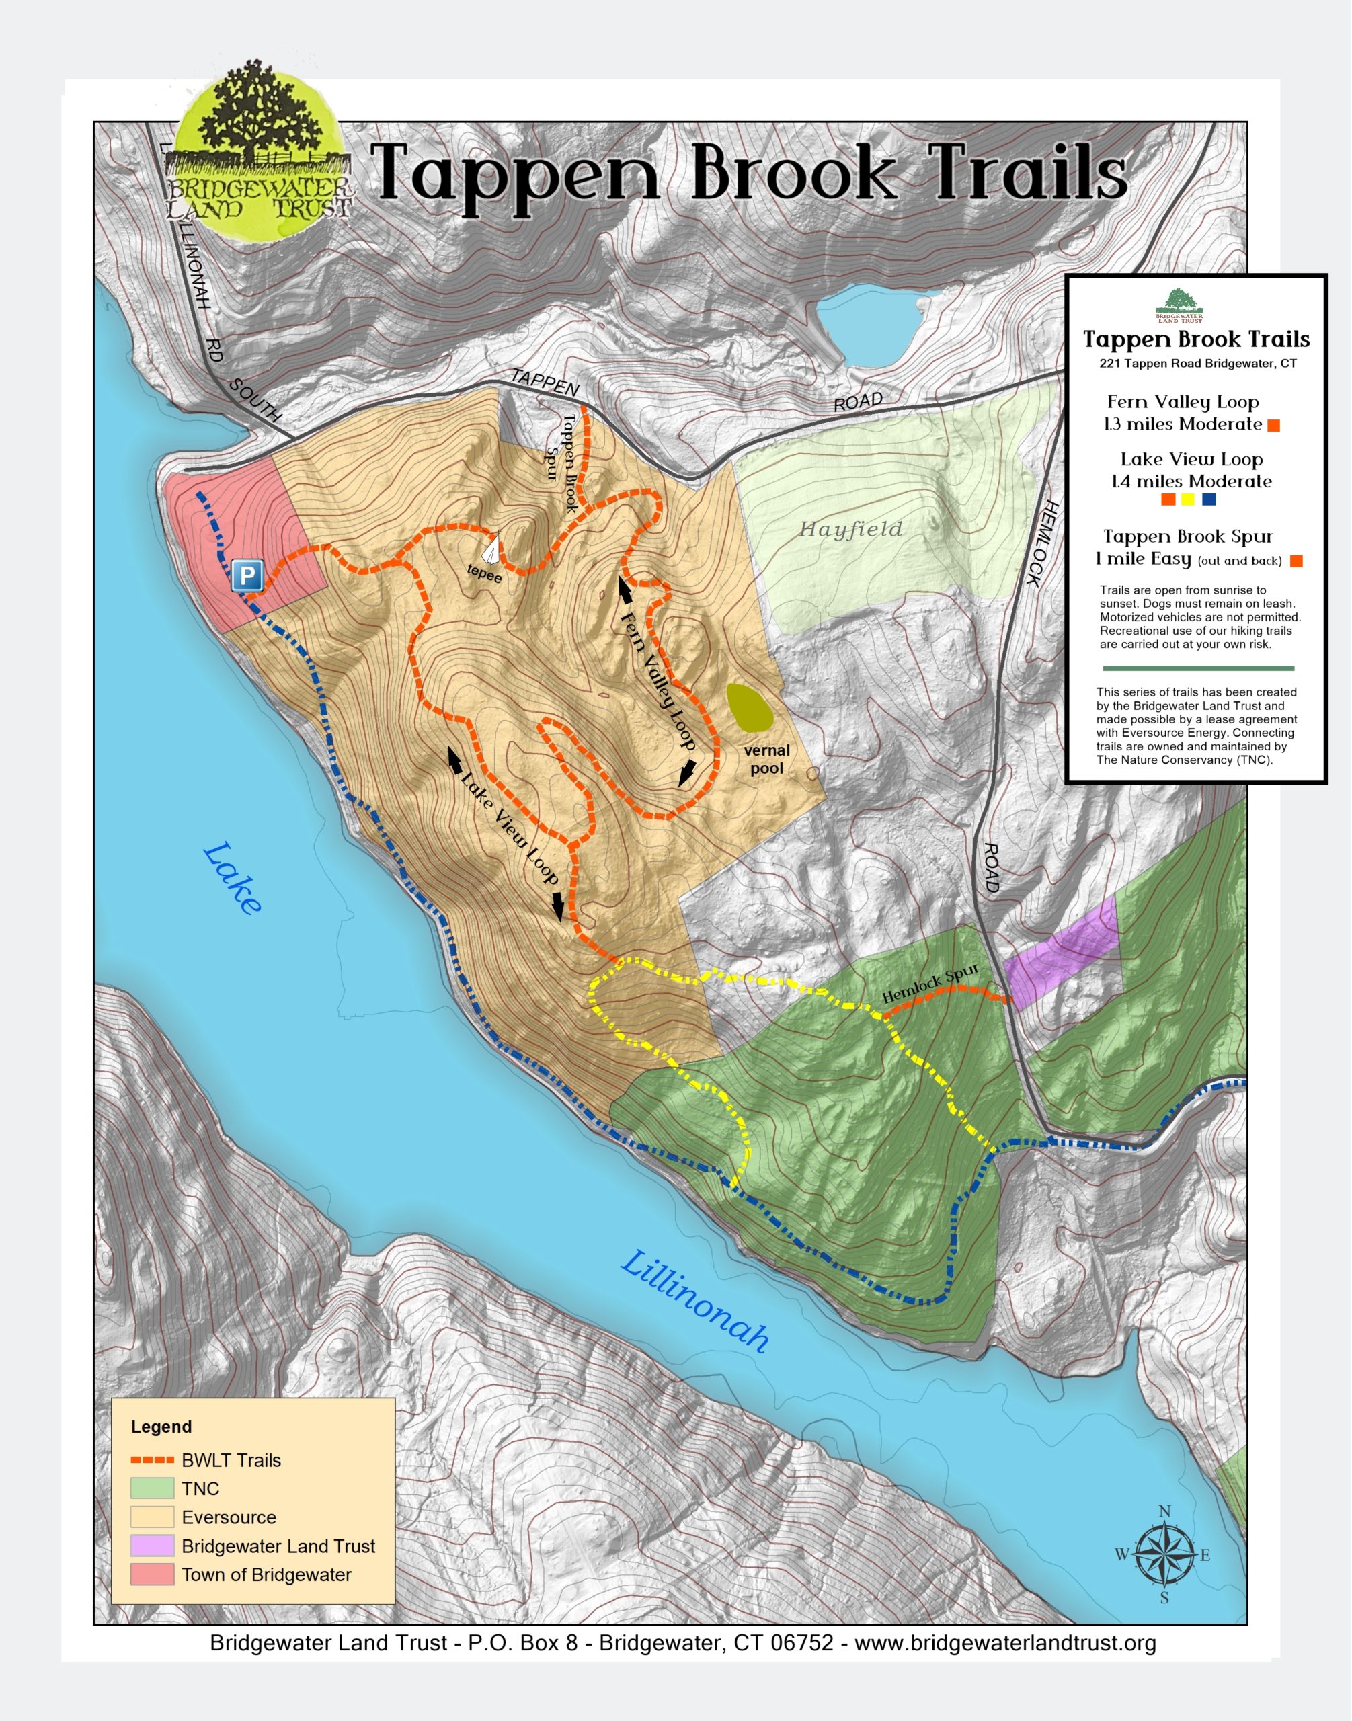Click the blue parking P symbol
tap(247, 575)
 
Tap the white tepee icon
tap(492, 548)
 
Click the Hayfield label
tap(850, 530)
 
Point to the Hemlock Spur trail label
tap(930, 984)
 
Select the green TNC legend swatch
tap(152, 1488)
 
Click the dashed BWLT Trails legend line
tap(152, 1459)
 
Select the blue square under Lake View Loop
tap(1209, 499)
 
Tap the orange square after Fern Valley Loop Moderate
tap(1273, 426)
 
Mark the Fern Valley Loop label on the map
tap(658, 681)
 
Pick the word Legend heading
tap(161, 1427)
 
